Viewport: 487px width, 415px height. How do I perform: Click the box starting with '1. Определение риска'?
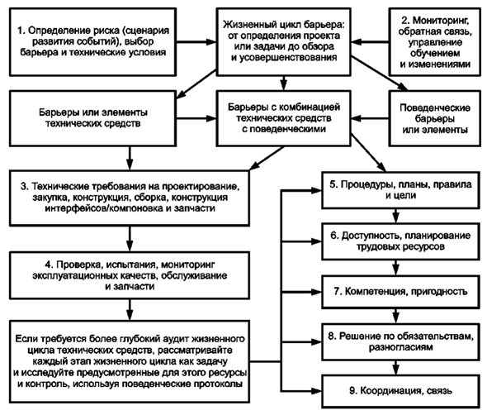pos(93,42)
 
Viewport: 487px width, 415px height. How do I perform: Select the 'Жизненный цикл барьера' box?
pos(284,42)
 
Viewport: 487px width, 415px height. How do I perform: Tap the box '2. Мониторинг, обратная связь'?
pos(434,42)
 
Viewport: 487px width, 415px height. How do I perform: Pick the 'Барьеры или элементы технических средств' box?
pos(93,118)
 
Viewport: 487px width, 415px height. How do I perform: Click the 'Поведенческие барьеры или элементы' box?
pos(434,118)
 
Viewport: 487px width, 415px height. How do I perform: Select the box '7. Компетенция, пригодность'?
pos(400,292)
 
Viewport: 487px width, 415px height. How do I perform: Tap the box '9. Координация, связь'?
pos(400,391)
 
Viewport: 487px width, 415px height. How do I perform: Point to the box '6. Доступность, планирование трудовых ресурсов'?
pos(400,241)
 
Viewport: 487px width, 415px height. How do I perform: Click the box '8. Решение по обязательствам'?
pos(400,341)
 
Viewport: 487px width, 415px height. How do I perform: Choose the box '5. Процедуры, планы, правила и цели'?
pos(400,190)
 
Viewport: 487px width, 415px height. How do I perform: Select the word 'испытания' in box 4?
pos(132,265)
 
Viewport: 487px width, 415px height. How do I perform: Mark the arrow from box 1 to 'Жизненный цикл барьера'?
pos(196,41)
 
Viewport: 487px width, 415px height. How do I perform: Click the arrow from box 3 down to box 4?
pos(130,239)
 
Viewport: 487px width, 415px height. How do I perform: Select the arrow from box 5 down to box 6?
pos(395,216)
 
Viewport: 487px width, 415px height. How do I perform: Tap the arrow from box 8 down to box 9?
pos(395,368)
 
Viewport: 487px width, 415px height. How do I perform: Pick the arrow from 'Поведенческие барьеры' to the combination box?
pos(370,118)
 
